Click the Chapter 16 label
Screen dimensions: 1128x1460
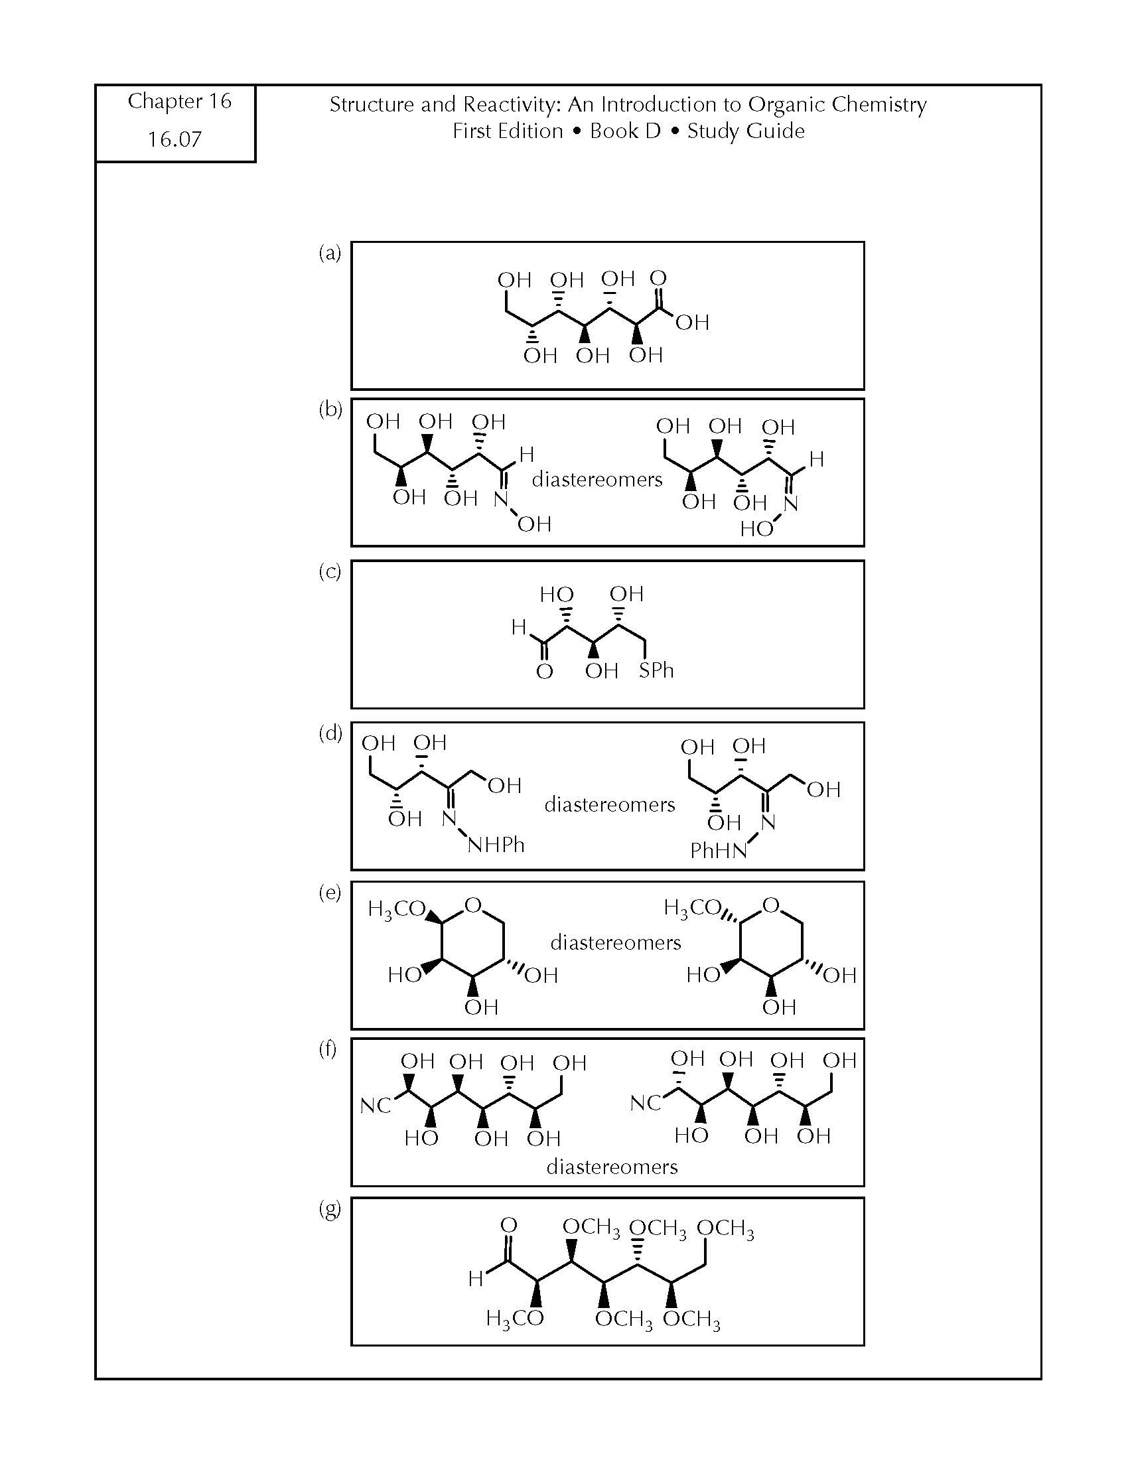click(x=179, y=102)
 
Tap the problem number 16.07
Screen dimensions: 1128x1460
click(x=175, y=139)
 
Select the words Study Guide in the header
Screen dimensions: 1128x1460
click(x=746, y=131)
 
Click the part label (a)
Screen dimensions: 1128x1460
click(x=330, y=253)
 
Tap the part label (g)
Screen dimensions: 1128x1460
click(x=330, y=1208)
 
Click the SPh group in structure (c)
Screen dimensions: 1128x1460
click(x=656, y=670)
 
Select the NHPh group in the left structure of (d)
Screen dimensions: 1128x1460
click(x=496, y=845)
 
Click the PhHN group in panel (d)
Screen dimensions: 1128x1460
click(x=719, y=850)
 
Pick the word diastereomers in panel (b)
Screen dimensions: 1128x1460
click(x=597, y=479)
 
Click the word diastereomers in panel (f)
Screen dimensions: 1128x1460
click(x=612, y=1167)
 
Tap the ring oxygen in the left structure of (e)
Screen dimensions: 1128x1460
click(x=473, y=906)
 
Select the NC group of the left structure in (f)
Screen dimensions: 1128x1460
click(x=375, y=1106)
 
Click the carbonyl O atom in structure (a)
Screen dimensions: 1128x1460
click(x=658, y=277)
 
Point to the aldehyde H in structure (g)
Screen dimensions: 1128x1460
click(x=475, y=1278)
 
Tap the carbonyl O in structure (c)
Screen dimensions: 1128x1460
click(x=545, y=671)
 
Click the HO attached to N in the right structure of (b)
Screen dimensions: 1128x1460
click(x=756, y=530)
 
